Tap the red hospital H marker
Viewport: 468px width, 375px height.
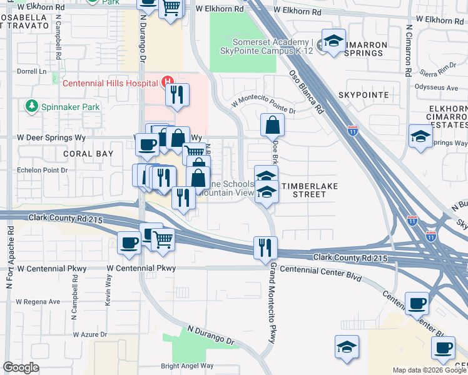pos(167,81)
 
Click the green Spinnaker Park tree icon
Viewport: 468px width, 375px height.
pos(31,107)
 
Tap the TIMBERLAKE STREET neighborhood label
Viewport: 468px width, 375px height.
pos(312,190)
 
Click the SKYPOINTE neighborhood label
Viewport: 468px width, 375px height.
pos(363,95)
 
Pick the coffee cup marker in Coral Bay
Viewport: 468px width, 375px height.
pos(148,144)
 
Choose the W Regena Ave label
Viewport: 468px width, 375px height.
pos(38,301)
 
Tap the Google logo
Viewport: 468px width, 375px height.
pos(21,367)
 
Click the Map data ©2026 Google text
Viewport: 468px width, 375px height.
pos(429,370)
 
